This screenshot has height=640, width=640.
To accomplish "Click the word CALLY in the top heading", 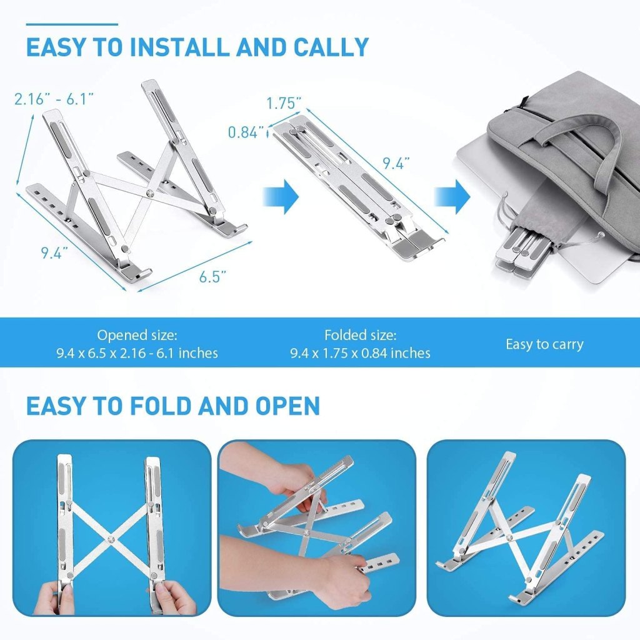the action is pos(331,47).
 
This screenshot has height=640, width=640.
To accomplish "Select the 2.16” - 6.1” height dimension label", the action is pos(54,99).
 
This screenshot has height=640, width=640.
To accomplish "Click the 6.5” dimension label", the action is pos(212,276).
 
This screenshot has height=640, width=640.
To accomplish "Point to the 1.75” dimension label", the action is pos(284,103).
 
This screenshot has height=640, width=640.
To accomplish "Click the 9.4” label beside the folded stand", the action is pos(396,164).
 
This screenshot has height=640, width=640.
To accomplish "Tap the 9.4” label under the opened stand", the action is pos(54,253).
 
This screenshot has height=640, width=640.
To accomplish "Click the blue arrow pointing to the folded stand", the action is pos(281,197).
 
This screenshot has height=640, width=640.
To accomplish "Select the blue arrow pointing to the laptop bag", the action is pos(452,197).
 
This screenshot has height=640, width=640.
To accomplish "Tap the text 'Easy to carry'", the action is pos(544,344).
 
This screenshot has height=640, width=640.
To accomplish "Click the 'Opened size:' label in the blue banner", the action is pos(137,336).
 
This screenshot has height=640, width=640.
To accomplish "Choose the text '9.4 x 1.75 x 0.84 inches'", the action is pos(361,352).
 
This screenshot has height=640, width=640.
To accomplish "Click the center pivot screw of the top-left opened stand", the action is pos(151,192).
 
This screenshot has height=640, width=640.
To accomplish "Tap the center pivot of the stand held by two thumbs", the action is pos(110,539).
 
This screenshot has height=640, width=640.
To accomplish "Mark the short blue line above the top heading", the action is pos(72,24).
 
